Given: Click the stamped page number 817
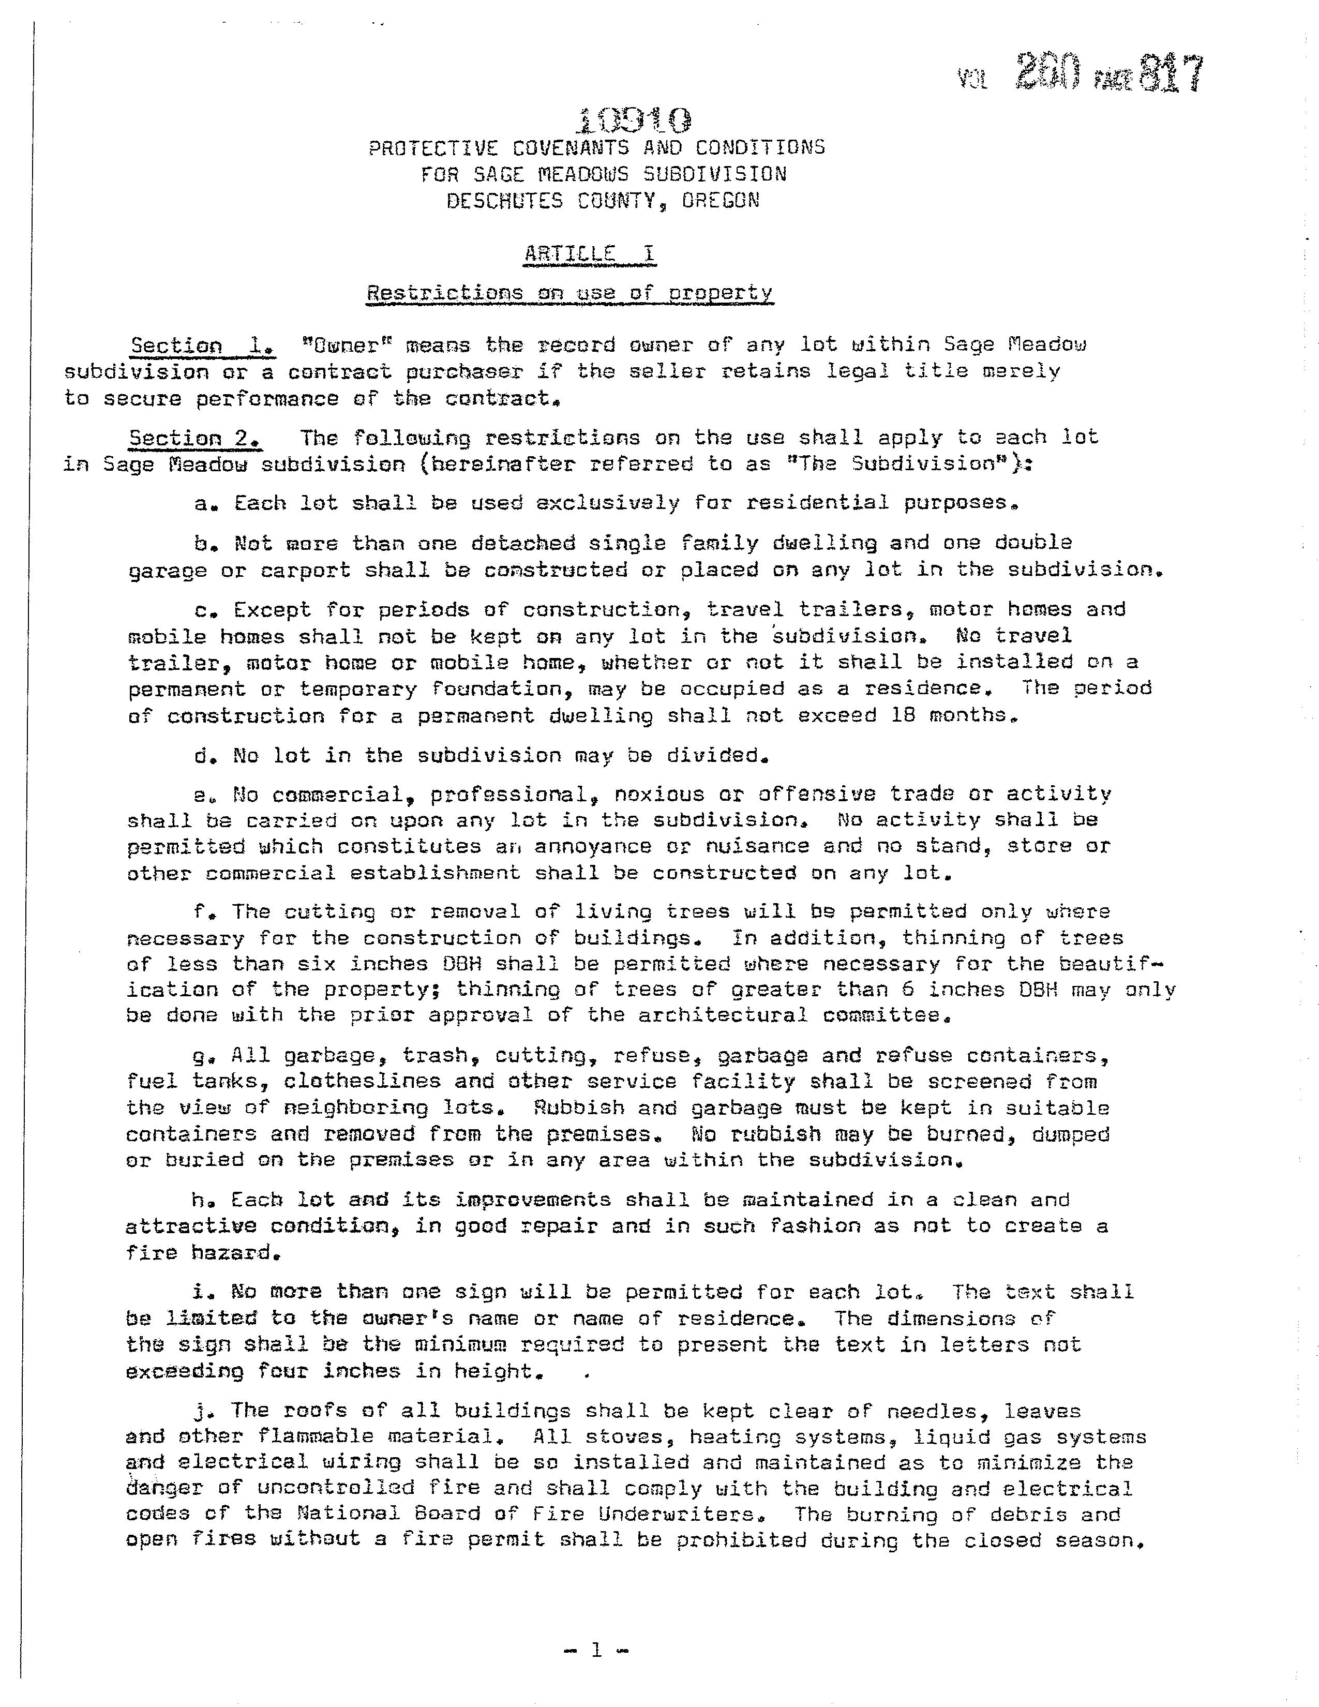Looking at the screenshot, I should coord(1169,76).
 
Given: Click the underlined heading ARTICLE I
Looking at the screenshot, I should coord(590,254).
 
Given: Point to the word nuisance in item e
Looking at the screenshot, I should coord(756,846).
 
